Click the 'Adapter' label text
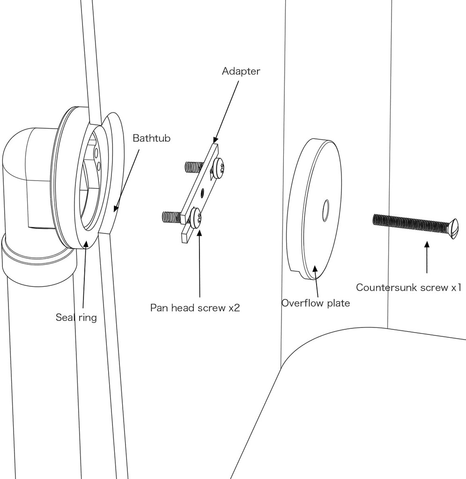click(x=241, y=71)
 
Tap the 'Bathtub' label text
click(x=151, y=138)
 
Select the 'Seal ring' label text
click(x=76, y=317)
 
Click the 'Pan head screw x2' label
click(x=195, y=308)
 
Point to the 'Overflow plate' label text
click(x=315, y=303)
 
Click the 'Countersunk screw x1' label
click(x=408, y=287)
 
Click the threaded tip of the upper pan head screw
click(x=193, y=166)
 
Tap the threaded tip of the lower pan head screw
click(x=171, y=217)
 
